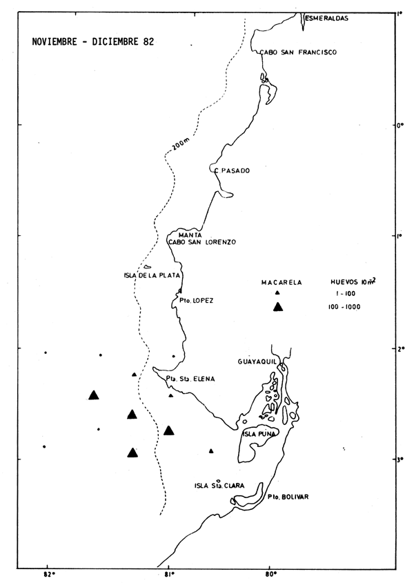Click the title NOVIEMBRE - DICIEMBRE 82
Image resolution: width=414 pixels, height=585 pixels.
click(x=92, y=41)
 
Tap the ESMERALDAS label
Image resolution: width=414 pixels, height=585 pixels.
click(x=326, y=19)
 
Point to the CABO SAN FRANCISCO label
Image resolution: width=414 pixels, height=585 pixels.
click(x=297, y=52)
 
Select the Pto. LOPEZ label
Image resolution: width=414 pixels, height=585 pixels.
click(x=196, y=301)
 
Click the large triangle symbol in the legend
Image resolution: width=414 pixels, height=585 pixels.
click(x=277, y=308)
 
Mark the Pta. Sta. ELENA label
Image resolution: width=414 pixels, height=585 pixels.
click(x=191, y=379)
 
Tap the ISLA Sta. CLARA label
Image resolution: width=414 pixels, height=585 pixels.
click(x=219, y=486)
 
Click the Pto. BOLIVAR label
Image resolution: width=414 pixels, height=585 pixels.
click(x=288, y=497)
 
